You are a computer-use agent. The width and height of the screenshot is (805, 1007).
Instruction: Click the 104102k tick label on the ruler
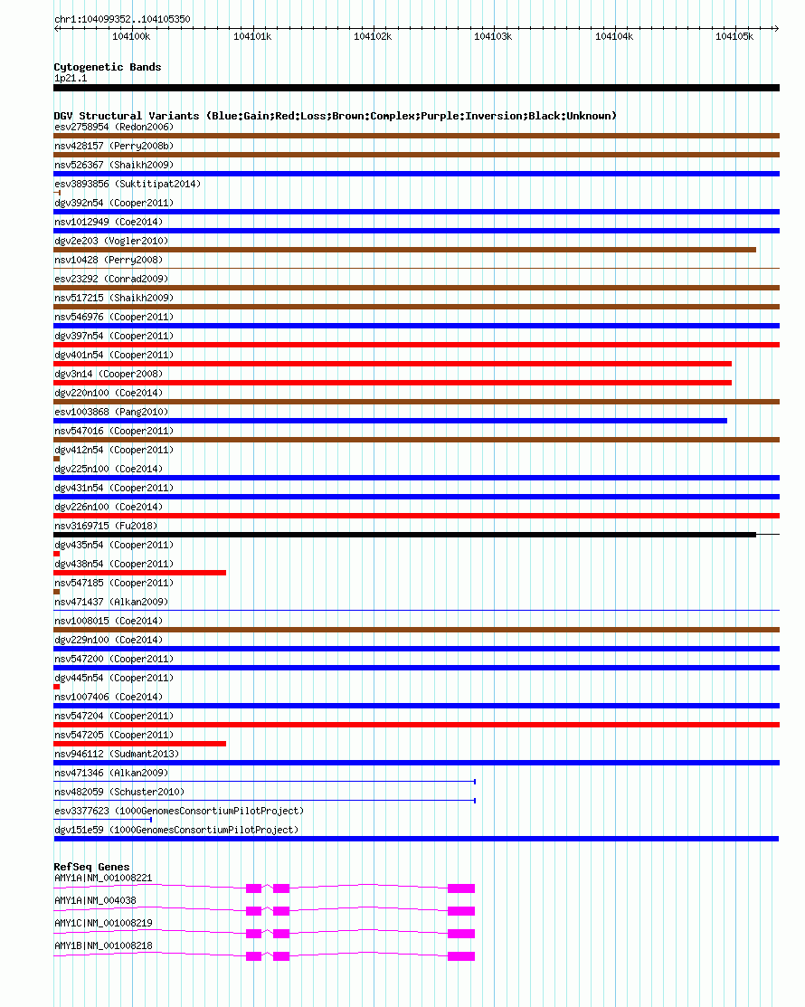pyautogui.click(x=372, y=36)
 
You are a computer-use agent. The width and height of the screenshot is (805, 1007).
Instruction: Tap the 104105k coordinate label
pyautogui.click(x=734, y=36)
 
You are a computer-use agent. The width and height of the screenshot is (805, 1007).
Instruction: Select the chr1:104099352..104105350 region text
pyautogui.click(x=122, y=19)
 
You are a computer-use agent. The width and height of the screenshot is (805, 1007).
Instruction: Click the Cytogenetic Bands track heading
pyautogui.click(x=107, y=67)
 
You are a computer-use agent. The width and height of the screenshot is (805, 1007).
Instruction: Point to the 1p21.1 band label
pyautogui.click(x=71, y=78)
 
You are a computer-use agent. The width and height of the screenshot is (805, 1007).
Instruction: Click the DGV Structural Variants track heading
pyautogui.click(x=335, y=116)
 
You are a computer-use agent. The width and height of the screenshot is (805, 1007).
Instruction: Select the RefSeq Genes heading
pyautogui.click(x=91, y=867)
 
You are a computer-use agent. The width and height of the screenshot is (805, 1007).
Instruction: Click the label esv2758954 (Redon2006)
pyautogui.click(x=113, y=127)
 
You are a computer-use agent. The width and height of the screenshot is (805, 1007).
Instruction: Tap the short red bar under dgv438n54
pyautogui.click(x=139, y=573)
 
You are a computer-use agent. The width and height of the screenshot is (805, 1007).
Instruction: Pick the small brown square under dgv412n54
pyautogui.click(x=57, y=459)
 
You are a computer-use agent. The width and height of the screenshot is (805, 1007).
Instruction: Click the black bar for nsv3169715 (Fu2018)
pyautogui.click(x=404, y=535)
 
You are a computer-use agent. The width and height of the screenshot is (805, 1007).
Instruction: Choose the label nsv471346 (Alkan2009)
pyautogui.click(x=111, y=773)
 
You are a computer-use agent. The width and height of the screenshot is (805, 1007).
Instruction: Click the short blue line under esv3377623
pyautogui.click(x=102, y=820)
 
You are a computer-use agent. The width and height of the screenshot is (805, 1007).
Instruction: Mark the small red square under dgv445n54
pyautogui.click(x=57, y=687)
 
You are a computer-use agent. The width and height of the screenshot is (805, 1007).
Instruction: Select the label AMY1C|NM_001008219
pyautogui.click(x=103, y=923)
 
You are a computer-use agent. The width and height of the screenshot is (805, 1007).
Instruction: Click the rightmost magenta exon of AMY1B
pyautogui.click(x=460, y=955)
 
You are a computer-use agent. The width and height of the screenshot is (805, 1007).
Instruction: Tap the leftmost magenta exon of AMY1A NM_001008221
pyautogui.click(x=253, y=888)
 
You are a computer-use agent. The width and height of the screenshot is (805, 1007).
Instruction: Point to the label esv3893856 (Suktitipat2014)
pyautogui.click(x=128, y=184)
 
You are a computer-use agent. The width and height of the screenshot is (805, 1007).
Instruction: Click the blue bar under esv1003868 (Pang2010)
pyautogui.click(x=390, y=421)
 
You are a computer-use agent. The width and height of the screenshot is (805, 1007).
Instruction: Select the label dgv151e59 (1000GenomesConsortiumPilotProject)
pyautogui.click(x=175, y=830)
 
